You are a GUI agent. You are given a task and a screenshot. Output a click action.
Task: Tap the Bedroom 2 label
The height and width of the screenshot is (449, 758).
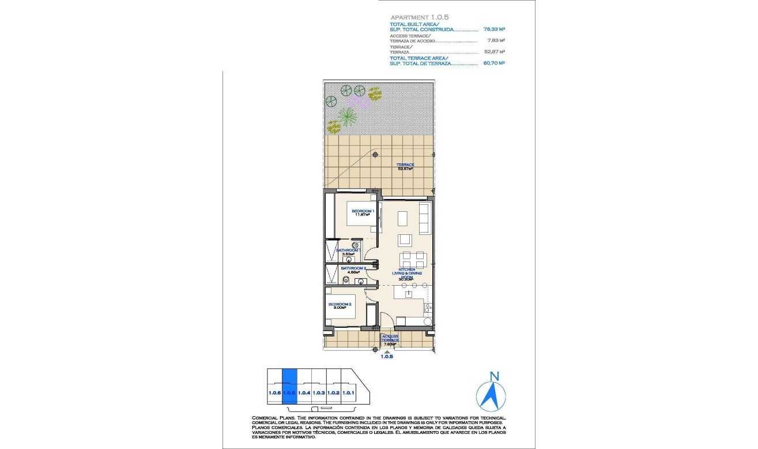(340, 306)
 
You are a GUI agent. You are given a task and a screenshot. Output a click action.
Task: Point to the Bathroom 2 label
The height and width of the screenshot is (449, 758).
(352, 270)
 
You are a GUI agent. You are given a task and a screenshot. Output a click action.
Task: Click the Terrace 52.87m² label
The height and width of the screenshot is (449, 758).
(405, 167)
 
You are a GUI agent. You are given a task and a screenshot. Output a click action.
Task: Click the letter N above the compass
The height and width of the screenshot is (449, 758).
(493, 376)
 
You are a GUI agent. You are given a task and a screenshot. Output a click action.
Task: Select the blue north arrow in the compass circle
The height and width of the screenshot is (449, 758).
(493, 396)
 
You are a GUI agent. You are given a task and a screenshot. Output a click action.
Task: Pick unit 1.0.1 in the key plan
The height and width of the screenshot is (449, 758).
(348, 392)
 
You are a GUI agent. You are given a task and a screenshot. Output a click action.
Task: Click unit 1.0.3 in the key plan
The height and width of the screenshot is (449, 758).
(319, 392)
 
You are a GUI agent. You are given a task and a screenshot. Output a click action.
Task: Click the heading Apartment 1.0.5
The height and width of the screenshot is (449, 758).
(419, 18)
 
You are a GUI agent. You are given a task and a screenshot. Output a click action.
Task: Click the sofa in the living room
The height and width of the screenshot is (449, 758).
(424, 216)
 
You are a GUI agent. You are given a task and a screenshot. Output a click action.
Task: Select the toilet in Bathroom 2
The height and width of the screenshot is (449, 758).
(344, 280)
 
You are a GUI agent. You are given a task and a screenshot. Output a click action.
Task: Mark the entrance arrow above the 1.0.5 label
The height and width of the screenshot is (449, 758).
(387, 350)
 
